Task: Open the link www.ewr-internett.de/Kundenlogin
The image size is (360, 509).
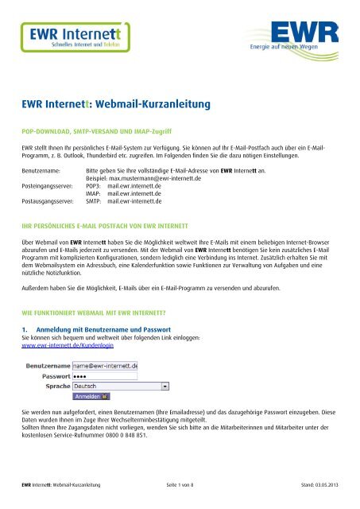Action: [69, 347]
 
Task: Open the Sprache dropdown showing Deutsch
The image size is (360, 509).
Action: [120, 384]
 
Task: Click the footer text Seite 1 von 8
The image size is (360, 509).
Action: [188, 499]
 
